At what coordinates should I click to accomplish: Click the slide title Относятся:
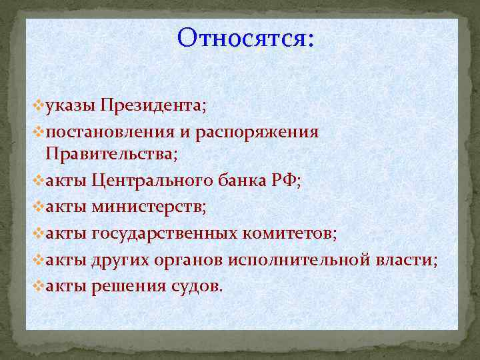click(x=245, y=38)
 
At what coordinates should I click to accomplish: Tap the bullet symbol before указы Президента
click(x=39, y=105)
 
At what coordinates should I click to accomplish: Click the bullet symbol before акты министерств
click(x=39, y=207)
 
